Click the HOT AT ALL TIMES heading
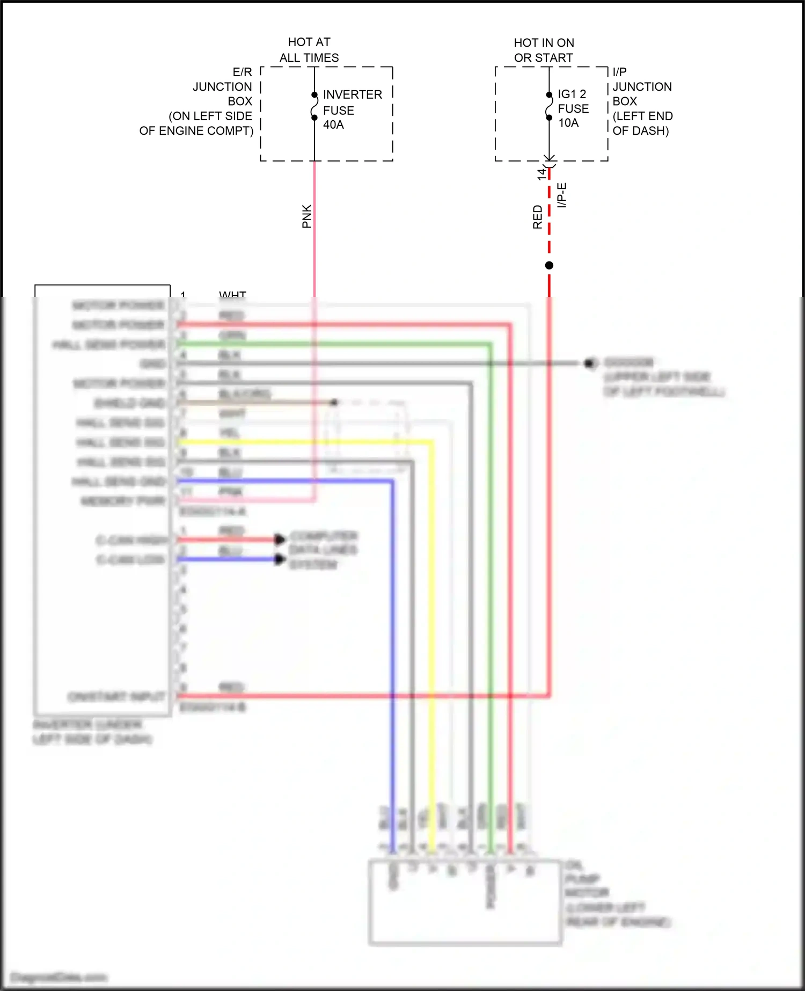tap(309, 49)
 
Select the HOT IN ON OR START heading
tap(544, 50)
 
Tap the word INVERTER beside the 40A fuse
tap(352, 94)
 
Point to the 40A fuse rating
tap(333, 125)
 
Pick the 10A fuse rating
tap(568, 123)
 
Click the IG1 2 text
tap(572, 94)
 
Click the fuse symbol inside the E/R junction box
tap(314, 106)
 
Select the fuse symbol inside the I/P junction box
tap(549, 106)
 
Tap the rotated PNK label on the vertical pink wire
tap(306, 216)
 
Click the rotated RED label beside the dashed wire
tap(537, 217)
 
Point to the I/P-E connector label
tap(562, 195)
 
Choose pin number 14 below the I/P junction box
tap(541, 173)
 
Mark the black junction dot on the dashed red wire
tap(549, 265)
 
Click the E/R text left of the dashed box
tap(242, 72)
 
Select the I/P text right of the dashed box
tap(619, 72)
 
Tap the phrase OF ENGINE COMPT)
tap(196, 131)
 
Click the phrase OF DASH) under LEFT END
tap(640, 131)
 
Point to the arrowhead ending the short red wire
tap(280, 539)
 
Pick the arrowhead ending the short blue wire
tap(280, 559)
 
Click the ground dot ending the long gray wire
tap(589, 363)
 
